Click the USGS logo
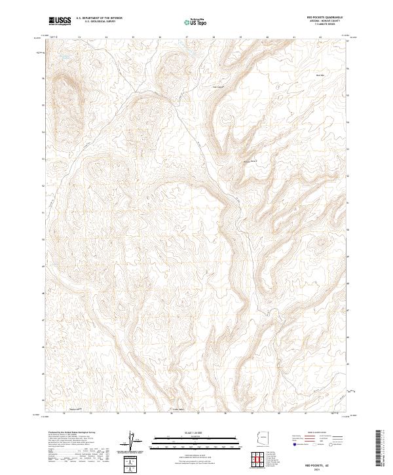(60, 21)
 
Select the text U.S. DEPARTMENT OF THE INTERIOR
(99, 18)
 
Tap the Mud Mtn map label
(320, 75)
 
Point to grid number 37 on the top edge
(186, 37)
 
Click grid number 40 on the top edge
(268, 37)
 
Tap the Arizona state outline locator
(261, 439)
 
